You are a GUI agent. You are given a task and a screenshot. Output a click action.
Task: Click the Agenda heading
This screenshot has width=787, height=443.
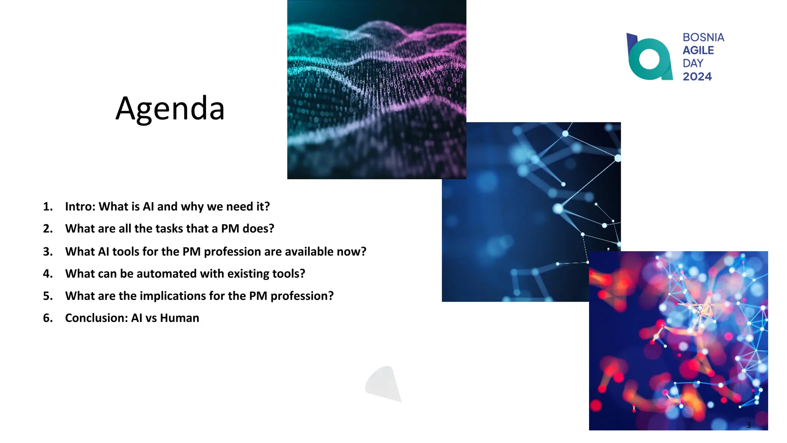click(170, 109)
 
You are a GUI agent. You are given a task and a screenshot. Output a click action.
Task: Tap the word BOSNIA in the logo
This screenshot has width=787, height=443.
click(703, 37)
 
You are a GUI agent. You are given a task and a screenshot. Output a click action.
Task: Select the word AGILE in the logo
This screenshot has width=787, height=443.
click(698, 50)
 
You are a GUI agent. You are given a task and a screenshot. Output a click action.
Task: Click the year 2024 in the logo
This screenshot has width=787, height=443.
click(697, 77)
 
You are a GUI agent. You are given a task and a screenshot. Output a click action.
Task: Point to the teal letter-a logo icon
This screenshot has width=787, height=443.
click(649, 58)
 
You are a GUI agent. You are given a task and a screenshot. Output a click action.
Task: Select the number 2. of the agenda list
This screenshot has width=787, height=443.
click(48, 229)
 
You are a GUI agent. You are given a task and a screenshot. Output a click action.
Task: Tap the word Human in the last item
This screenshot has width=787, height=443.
click(179, 318)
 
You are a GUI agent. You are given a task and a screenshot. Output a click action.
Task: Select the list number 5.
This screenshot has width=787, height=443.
click(48, 296)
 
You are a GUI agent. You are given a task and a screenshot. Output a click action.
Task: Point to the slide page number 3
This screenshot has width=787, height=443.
click(749, 425)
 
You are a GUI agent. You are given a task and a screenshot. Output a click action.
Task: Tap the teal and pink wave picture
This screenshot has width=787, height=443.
click(377, 89)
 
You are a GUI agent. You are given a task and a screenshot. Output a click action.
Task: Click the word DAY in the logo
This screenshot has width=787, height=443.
click(693, 63)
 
